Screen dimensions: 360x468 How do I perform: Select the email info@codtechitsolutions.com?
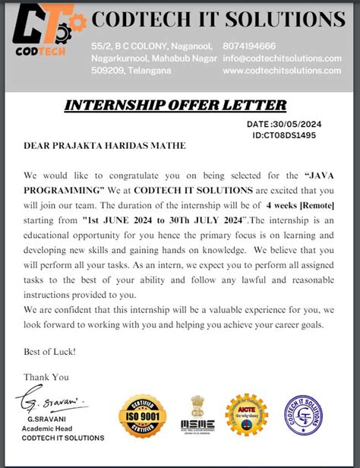click(282, 58)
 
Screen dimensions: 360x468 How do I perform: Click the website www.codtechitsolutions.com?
click(282, 71)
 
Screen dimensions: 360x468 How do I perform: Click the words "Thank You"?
click(46, 377)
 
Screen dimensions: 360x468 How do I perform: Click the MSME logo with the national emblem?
click(197, 418)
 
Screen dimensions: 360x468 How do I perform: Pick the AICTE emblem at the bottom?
click(250, 416)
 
